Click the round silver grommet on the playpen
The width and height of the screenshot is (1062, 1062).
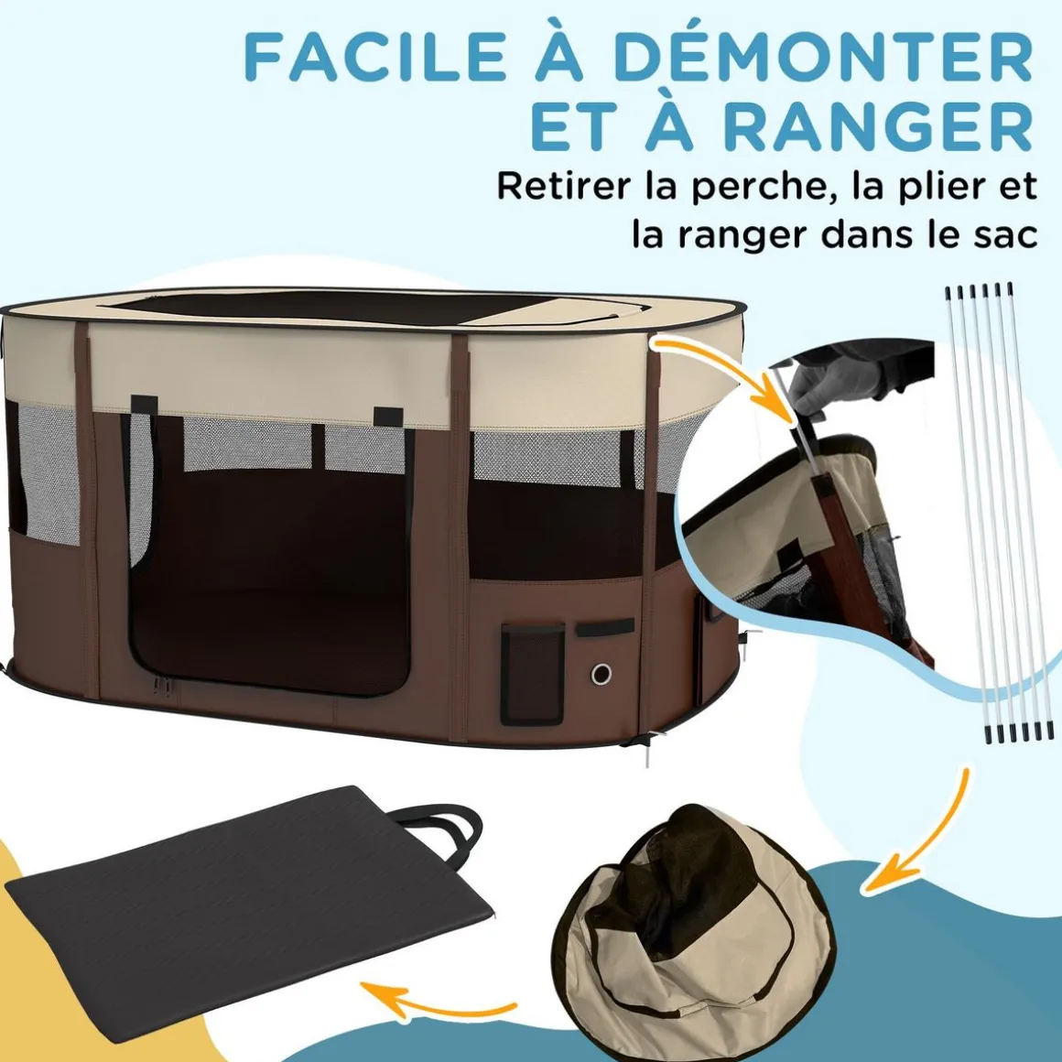click(601, 674)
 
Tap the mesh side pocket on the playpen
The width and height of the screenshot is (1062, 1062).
click(532, 674)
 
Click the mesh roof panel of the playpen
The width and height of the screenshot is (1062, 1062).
click(352, 309)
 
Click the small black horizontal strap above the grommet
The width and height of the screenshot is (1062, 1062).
click(605, 628)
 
